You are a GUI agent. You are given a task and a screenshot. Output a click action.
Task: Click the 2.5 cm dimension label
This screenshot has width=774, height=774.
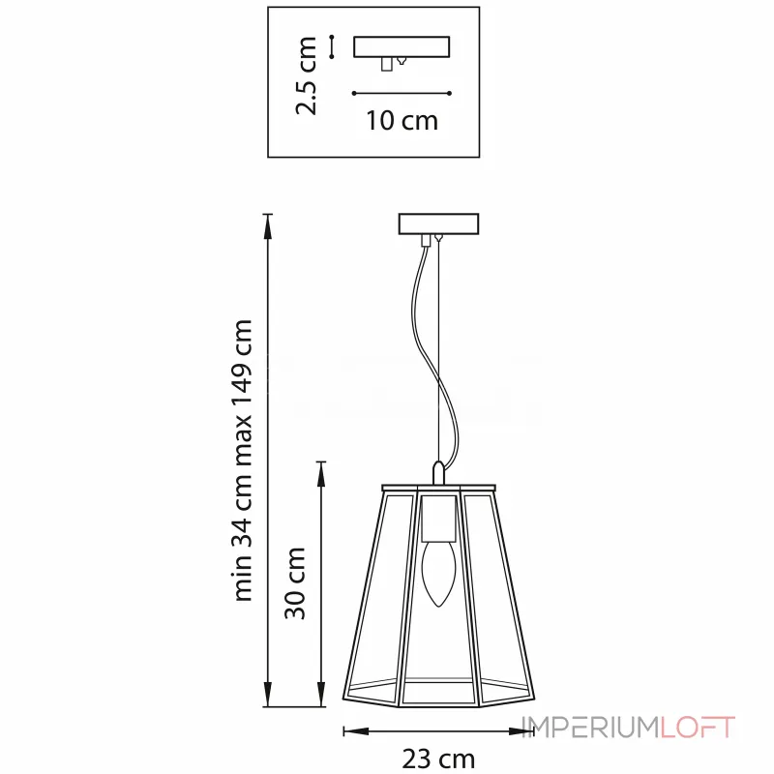click(306, 75)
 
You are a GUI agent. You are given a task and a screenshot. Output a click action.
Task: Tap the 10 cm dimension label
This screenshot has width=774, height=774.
click(402, 120)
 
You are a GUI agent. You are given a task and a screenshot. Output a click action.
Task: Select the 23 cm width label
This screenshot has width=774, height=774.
click(438, 759)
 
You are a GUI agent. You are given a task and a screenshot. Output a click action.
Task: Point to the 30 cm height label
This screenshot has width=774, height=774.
click(295, 583)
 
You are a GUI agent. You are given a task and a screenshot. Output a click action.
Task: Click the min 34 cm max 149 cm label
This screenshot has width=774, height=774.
click(243, 461)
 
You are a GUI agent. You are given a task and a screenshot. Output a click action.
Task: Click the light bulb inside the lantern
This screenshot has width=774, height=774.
click(438, 574)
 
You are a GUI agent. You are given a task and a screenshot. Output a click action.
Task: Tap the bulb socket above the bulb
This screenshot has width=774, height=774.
click(438, 519)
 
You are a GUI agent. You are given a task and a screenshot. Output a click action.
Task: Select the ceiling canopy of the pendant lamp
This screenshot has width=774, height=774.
click(438, 223)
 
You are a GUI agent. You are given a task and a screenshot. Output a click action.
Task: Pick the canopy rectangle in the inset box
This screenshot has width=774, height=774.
click(402, 46)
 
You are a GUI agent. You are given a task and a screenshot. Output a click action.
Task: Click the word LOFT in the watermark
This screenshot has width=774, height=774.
click(698, 728)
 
